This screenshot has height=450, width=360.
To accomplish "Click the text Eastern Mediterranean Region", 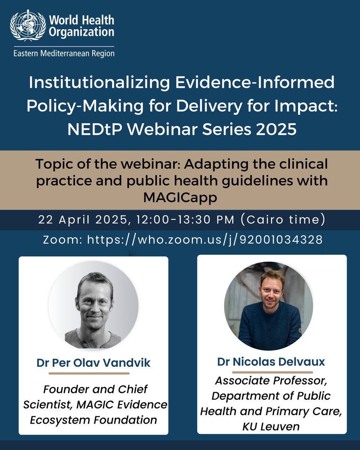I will coord(64,53).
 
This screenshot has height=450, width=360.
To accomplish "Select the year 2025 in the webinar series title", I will coord(276,130).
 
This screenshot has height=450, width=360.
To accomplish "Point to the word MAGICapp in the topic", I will coord(180,197).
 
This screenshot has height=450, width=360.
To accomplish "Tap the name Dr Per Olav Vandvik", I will coord(93,363).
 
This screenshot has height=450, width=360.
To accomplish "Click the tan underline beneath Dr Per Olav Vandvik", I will coord(89,373).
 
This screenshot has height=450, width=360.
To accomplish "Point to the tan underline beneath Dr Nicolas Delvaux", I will coord(272,372).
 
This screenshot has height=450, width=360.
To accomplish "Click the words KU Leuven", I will coord(272,426).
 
